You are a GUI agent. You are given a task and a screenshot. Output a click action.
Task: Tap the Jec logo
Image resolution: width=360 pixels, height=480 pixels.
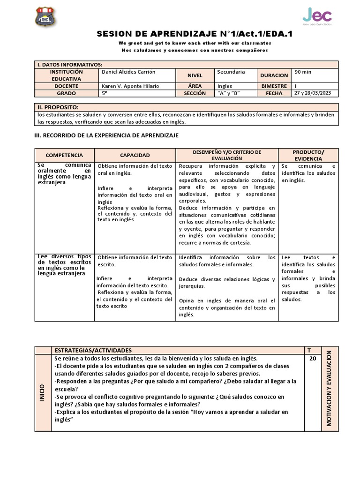pyautogui.click(x=317, y=15)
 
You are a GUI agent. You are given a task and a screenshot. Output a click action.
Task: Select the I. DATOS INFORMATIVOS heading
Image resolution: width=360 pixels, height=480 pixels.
pyautogui.click(x=69, y=65)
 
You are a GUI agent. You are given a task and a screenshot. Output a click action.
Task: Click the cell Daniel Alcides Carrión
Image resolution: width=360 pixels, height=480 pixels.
pyautogui.click(x=128, y=72)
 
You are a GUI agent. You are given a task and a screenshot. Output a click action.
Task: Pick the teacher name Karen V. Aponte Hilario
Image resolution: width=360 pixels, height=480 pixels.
pyautogui.click(x=130, y=86)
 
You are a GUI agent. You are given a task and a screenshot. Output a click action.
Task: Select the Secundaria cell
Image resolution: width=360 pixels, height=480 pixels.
pyautogui.click(x=231, y=72)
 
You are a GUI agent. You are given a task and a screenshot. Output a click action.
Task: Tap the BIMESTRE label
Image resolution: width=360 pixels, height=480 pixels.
pyautogui.click(x=274, y=86)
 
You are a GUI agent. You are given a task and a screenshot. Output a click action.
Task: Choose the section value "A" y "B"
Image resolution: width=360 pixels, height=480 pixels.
pyautogui.click(x=229, y=93)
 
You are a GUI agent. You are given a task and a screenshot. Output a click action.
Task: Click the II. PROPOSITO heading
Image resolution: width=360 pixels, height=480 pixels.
pyautogui.click(x=58, y=107)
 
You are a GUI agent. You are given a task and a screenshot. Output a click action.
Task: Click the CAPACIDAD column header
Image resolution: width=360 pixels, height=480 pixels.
pyautogui.click(x=135, y=155)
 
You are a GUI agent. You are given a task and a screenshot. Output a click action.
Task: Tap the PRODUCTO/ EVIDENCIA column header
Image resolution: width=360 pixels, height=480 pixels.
pyautogui.click(x=308, y=155)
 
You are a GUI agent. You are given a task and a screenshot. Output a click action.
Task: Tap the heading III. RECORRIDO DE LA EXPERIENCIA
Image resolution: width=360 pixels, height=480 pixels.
pyautogui.click(x=107, y=135)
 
